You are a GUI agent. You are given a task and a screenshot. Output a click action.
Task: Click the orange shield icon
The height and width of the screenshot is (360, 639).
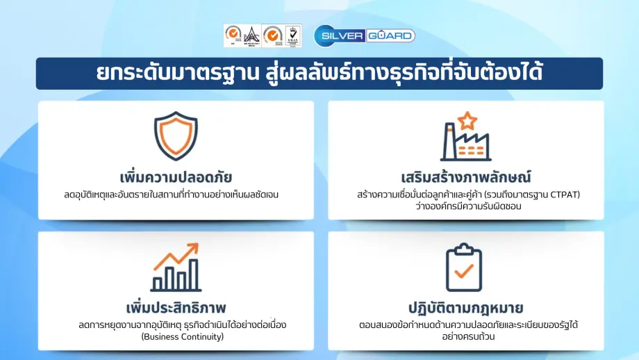[176, 136]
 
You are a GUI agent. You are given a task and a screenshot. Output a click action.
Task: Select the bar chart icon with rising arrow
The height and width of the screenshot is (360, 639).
[176, 268]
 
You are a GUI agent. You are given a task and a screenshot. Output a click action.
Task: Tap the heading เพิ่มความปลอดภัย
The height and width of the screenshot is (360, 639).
[176, 174]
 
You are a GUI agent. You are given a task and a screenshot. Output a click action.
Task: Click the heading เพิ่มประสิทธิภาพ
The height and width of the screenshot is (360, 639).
[176, 306]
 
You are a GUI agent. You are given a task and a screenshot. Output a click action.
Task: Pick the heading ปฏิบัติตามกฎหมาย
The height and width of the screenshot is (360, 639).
[465, 306]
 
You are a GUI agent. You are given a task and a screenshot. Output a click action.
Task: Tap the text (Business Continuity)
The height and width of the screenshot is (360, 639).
[176, 337]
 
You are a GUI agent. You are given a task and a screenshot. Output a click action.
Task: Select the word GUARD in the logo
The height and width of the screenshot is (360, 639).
[392, 35]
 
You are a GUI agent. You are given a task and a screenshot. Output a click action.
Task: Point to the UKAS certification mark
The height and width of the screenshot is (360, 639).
[294, 35]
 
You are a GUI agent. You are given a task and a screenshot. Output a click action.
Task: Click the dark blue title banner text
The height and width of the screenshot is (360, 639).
[319, 73]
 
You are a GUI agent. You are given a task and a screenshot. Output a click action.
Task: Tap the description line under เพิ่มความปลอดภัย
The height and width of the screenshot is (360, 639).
[176, 194]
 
